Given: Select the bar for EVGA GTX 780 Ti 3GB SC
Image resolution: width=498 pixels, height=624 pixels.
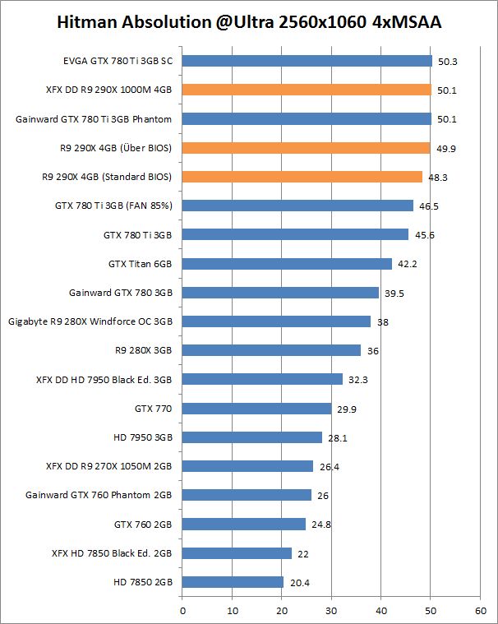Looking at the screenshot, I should click(x=307, y=61).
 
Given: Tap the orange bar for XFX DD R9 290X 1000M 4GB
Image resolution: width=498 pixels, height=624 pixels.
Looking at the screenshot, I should click(x=306, y=90).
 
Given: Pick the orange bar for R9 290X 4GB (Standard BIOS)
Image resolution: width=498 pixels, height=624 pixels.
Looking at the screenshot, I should click(x=302, y=177).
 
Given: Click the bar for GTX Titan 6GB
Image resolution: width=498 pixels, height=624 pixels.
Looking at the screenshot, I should click(x=287, y=264).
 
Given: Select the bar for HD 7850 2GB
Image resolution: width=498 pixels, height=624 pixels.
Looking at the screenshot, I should click(x=233, y=582).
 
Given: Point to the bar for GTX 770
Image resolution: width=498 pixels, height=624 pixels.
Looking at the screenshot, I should click(x=256, y=409).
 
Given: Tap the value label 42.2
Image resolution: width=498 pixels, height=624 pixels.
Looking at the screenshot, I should click(x=404, y=264).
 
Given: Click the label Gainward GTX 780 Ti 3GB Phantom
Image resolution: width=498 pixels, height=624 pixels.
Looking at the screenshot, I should click(x=94, y=119).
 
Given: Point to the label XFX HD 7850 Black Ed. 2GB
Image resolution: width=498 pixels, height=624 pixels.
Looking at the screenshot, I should click(x=112, y=553).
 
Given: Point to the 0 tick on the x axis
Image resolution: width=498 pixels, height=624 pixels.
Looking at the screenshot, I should click(x=182, y=611).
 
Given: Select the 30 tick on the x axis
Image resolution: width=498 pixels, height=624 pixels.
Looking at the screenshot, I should click(x=331, y=611).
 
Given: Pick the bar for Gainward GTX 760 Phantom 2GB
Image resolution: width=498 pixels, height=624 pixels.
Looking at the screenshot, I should click(x=247, y=495).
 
